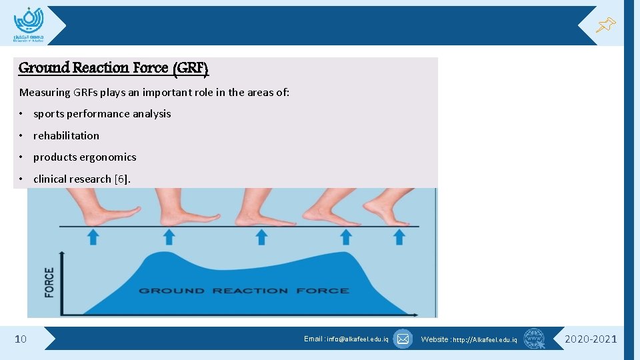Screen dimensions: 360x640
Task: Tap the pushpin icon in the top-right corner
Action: click(605, 25)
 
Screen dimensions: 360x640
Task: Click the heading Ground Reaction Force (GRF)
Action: click(113, 67)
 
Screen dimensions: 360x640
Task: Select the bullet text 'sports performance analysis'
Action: click(102, 114)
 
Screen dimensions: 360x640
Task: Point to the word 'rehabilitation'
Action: click(66, 135)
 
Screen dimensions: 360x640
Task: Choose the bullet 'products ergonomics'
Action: click(85, 157)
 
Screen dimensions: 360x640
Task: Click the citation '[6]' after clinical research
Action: click(122, 179)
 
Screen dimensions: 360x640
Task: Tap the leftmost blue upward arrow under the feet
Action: click(93, 237)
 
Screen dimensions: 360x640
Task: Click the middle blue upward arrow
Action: click(261, 237)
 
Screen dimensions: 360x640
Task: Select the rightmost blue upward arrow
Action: click(399, 237)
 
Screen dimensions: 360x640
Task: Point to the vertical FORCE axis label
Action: click(49, 282)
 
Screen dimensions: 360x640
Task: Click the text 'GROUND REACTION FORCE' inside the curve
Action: click(243, 291)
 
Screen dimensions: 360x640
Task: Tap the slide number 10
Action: click(21, 339)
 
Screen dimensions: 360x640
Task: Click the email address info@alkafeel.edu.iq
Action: click(346, 339)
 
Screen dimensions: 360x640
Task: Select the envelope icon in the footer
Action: click(403, 339)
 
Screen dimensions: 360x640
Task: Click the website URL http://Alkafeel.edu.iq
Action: click(469, 339)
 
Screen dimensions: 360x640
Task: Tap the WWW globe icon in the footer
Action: click(534, 339)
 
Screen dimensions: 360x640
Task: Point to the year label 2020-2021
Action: click(591, 339)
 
